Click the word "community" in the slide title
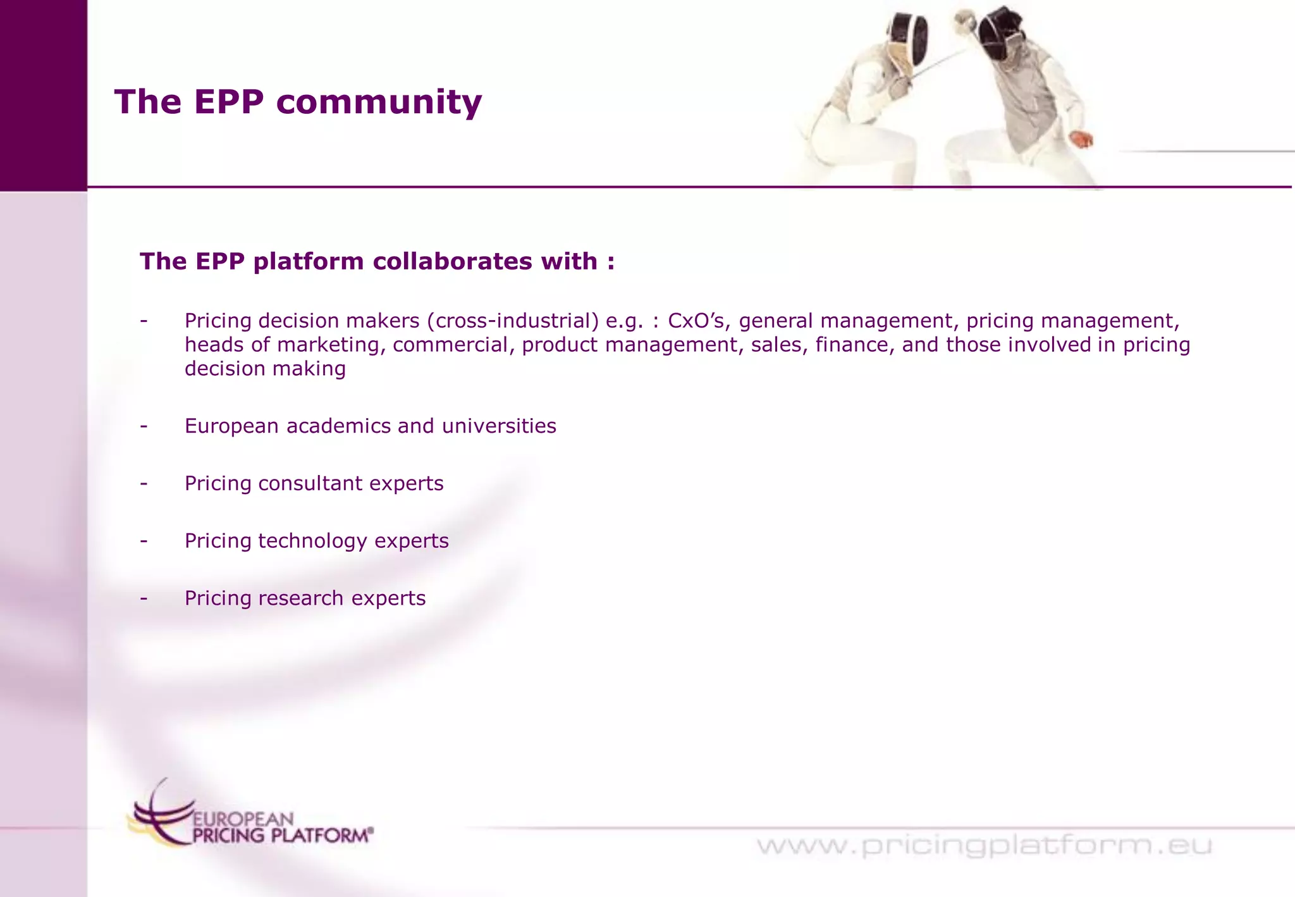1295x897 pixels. point(379,102)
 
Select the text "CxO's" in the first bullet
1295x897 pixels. point(696,321)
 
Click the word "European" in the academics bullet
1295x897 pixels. point(231,426)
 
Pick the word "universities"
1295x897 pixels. point(499,426)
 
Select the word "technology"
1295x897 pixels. point(312,541)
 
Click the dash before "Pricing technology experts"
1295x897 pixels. point(144,541)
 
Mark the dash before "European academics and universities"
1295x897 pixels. point(144,426)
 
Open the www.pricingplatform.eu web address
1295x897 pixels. point(984,846)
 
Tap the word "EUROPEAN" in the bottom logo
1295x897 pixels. point(243,819)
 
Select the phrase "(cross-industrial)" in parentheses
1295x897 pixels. point(513,321)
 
